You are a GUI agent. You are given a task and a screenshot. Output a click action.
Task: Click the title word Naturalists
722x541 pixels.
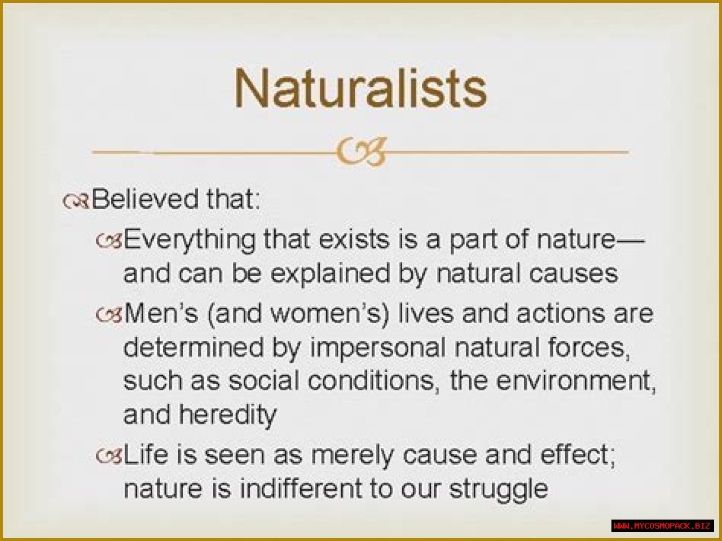point(360,88)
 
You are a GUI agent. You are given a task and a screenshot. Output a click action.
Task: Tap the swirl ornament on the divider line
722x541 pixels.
point(361,152)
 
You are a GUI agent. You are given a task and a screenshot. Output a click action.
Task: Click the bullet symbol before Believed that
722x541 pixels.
point(76,201)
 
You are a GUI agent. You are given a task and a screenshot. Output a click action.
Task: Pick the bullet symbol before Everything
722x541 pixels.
point(109,241)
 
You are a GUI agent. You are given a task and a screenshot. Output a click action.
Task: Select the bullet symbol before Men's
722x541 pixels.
point(109,315)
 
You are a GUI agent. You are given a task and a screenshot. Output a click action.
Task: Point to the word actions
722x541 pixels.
point(561,314)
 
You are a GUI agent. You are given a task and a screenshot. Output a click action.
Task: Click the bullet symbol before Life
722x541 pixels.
point(109,457)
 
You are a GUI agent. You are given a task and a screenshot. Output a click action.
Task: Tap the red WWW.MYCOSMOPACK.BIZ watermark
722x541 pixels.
point(662,526)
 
